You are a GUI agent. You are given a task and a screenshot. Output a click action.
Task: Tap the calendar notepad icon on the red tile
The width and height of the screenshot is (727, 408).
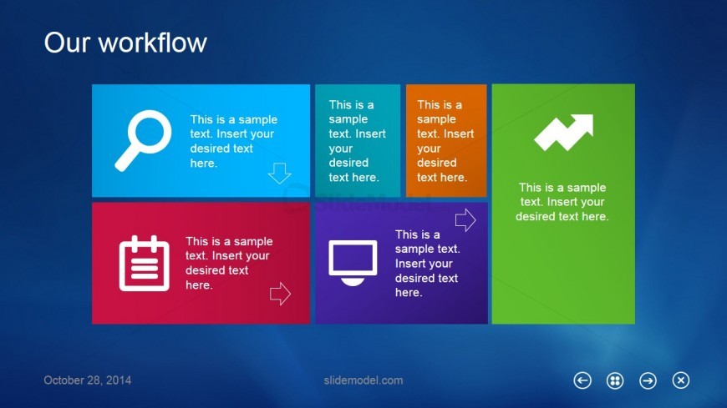click(x=144, y=264)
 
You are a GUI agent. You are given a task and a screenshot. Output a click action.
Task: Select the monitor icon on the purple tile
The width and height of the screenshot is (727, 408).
click(x=353, y=262)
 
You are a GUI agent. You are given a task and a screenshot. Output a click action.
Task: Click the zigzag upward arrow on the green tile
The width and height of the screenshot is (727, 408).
click(x=563, y=132)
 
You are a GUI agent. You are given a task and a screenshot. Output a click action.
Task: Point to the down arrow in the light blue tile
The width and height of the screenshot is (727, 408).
click(x=279, y=173)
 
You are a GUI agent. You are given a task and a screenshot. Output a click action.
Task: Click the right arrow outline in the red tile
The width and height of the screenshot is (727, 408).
click(x=280, y=294)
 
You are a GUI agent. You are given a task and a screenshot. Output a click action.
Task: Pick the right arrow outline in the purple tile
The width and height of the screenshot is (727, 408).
click(x=465, y=220)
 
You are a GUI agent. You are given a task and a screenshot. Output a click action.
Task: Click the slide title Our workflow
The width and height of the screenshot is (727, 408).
click(x=125, y=43)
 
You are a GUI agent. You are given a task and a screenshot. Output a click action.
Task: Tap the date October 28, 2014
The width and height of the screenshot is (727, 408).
click(x=88, y=380)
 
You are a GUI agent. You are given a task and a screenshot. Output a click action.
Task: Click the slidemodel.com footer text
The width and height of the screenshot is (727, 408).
click(x=363, y=380)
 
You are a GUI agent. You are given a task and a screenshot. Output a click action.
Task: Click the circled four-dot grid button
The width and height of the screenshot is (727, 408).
click(x=615, y=380)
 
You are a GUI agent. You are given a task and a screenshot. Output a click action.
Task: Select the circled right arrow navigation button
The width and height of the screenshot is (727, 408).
click(x=648, y=380)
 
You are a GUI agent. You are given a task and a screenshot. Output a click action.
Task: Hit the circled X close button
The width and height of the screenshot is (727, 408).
click(x=681, y=380)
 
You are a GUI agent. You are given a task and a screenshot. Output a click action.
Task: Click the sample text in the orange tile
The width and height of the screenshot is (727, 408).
click(x=445, y=141)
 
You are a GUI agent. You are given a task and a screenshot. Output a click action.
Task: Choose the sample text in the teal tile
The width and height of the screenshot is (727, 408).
click(x=357, y=141)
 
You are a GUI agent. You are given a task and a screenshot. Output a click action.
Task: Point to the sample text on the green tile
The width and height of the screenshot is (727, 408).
click(x=562, y=202)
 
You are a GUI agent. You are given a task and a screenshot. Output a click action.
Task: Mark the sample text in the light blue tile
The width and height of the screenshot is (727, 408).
click(x=232, y=141)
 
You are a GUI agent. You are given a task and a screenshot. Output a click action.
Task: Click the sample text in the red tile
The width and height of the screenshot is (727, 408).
click(x=229, y=263)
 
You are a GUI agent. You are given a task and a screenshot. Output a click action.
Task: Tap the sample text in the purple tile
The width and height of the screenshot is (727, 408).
click(x=427, y=264)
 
